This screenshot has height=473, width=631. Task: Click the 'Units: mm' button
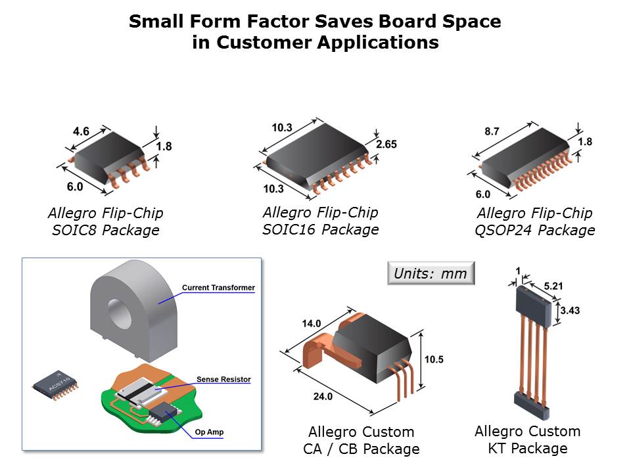[431, 273]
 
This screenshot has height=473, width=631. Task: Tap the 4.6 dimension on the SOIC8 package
[81, 131]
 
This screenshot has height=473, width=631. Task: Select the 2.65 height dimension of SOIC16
[386, 144]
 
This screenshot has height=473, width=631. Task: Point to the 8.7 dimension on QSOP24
[492, 131]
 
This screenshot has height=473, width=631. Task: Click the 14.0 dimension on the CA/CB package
[312, 323]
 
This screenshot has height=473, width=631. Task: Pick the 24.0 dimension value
[323, 397]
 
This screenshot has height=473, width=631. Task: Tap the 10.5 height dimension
[434, 359]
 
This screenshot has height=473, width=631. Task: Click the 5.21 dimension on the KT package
[553, 286]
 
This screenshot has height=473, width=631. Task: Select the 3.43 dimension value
[570, 311]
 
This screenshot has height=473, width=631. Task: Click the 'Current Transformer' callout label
[218, 288]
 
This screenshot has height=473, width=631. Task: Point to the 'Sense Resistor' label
[223, 379]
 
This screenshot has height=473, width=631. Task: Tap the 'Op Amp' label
[209, 432]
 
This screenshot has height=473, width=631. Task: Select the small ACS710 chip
[55, 385]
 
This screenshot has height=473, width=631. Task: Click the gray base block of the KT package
[532, 405]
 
